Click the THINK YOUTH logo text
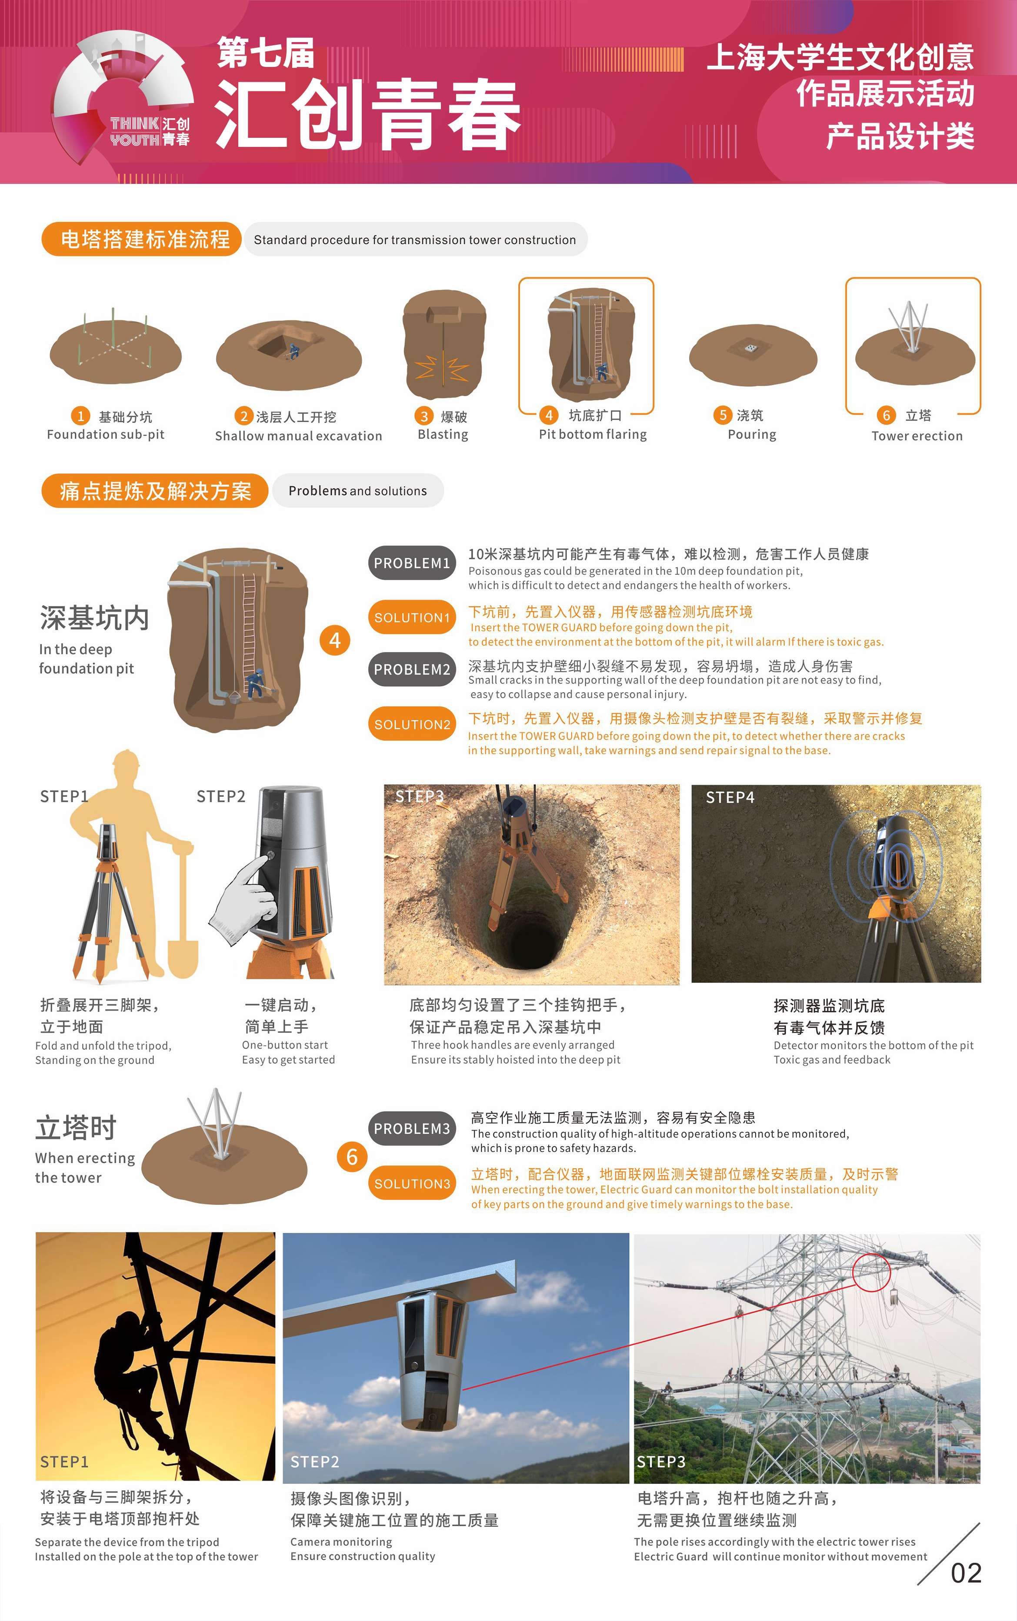tap(149, 132)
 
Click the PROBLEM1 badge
tap(412, 563)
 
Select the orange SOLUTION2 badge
tap(412, 724)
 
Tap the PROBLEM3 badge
tap(412, 1129)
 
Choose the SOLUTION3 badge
tap(412, 1183)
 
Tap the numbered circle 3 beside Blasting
tap(424, 416)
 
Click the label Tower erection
tap(917, 436)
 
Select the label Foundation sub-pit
tap(106, 434)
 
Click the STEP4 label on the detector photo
tap(730, 797)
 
